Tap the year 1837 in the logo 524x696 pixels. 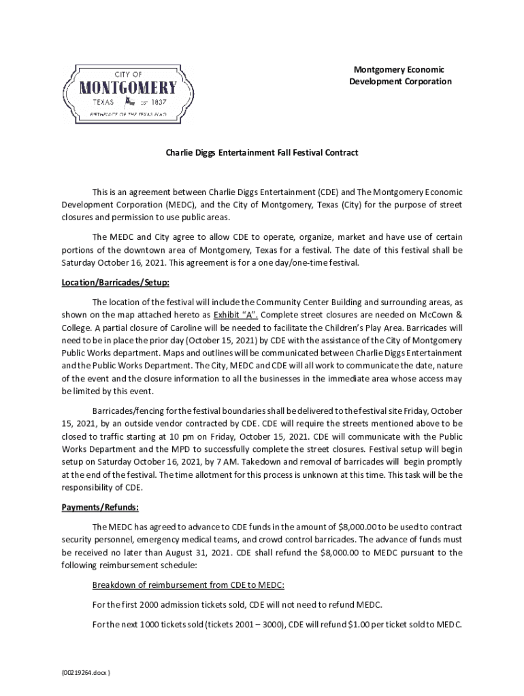pyautogui.click(x=166, y=102)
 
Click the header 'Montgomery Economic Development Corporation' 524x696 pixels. pyautogui.click(x=400, y=75)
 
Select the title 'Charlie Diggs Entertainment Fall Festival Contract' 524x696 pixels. pyautogui.click(x=262, y=153)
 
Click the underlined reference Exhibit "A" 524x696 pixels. pyautogui.click(x=236, y=314)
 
